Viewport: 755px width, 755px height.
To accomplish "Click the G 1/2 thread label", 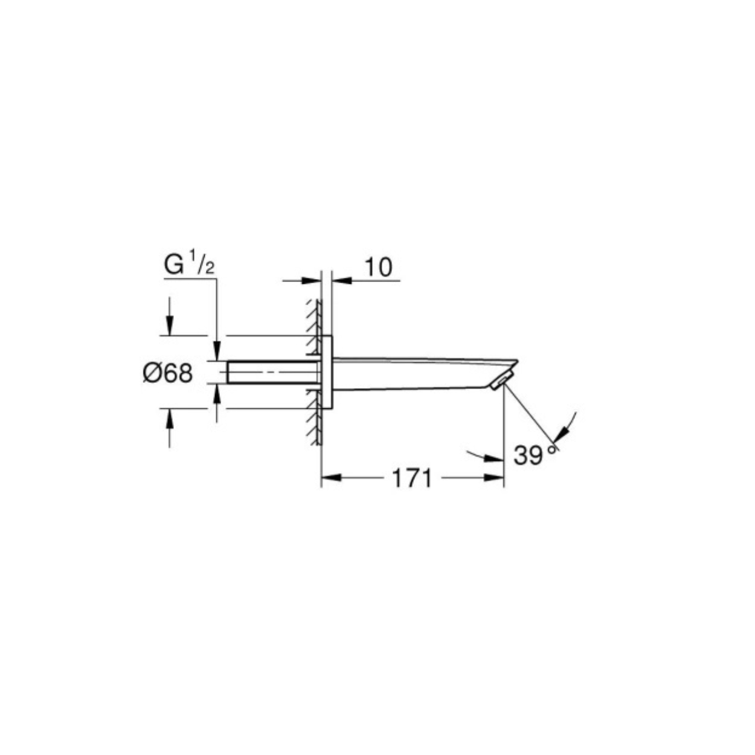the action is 189,263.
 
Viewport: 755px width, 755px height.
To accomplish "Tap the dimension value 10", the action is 379,267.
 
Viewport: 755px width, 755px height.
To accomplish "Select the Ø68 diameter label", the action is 168,373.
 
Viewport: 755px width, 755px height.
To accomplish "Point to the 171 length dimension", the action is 412,478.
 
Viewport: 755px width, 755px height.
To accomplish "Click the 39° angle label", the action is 535,455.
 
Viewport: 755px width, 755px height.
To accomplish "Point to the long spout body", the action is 425,373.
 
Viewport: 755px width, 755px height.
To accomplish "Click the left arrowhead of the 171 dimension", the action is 330,478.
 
